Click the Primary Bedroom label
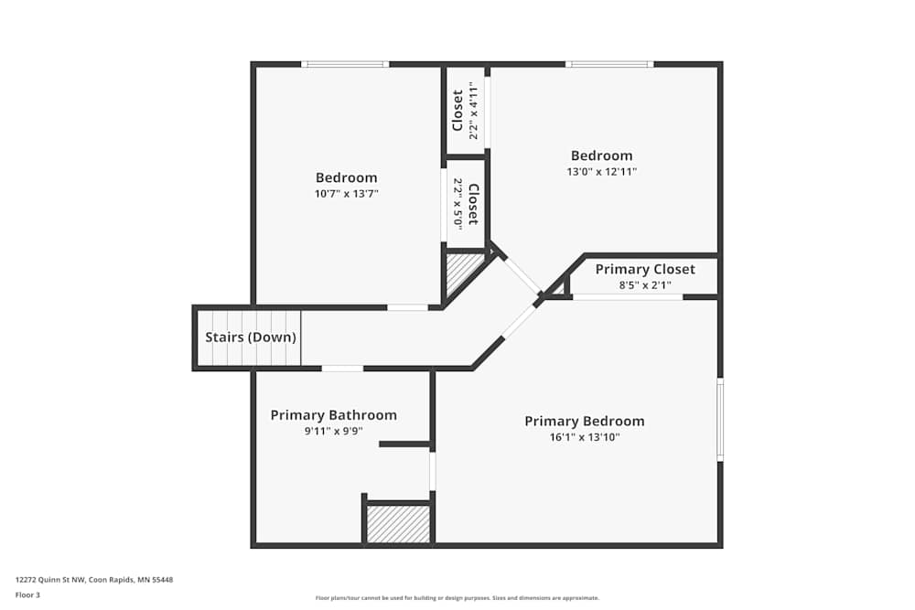click(584, 422)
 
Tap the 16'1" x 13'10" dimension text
click(584, 437)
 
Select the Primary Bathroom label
click(333, 415)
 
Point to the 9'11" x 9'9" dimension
click(333, 431)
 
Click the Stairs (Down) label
click(250, 337)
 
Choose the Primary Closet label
click(644, 269)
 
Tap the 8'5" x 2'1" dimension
click(644, 284)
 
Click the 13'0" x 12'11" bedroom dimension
click(601, 171)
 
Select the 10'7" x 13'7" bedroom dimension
click(346, 193)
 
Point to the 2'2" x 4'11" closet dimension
click(473, 111)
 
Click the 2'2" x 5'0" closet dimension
click(457, 204)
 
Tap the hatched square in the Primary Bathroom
click(398, 524)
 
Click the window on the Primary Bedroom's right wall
click(720, 421)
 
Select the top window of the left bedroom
click(345, 64)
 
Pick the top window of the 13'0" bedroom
click(608, 64)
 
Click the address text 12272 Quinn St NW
click(94, 579)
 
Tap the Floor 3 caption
click(27, 594)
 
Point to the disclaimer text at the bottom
click(457, 598)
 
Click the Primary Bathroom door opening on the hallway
click(342, 369)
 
